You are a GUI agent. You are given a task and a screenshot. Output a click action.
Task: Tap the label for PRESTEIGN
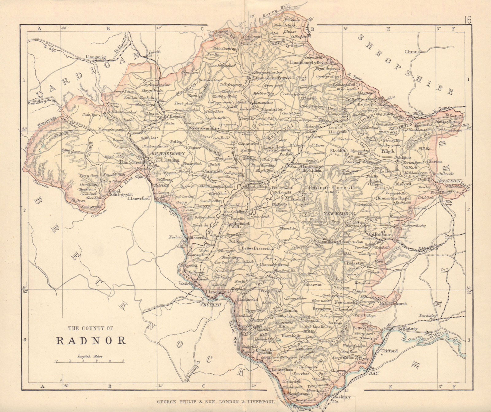click(x=449, y=181)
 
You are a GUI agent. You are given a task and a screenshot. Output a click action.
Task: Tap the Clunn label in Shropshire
click(x=411, y=52)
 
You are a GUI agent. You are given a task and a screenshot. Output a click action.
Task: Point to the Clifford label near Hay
click(x=389, y=351)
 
